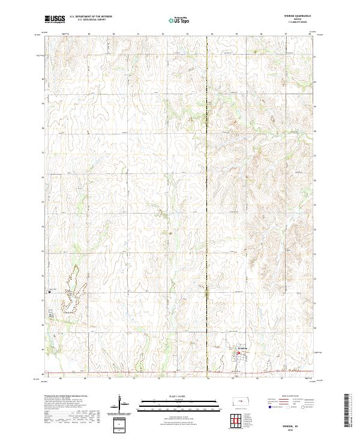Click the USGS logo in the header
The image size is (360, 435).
[55, 19]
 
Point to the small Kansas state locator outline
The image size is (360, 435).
[243, 400]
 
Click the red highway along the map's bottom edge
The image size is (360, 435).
[180, 374]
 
